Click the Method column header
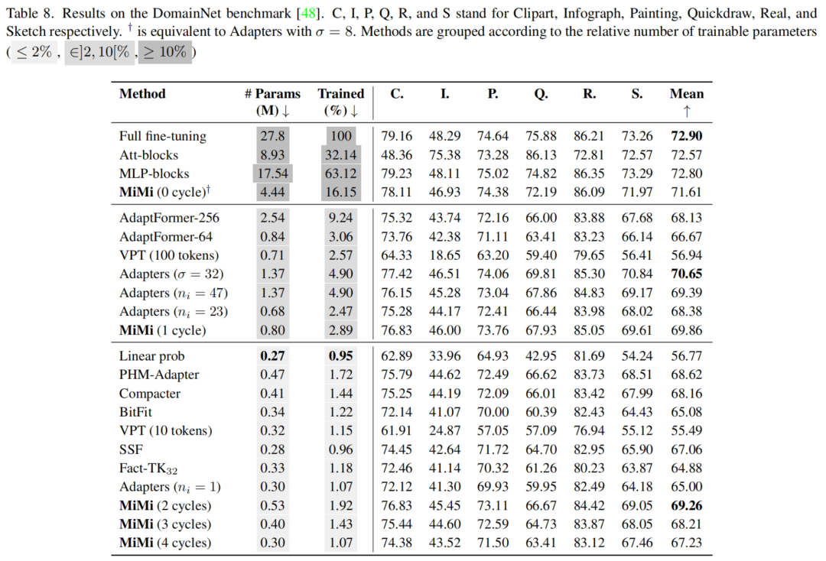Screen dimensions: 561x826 (142, 94)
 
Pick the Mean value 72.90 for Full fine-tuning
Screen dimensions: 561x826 (687, 136)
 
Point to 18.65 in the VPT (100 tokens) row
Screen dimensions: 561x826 (444, 255)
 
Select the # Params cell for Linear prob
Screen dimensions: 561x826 (272, 356)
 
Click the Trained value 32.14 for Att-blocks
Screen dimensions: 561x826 (341, 155)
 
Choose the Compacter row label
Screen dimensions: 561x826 (150, 394)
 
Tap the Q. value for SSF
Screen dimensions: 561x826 (541, 450)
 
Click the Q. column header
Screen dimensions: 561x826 (541, 94)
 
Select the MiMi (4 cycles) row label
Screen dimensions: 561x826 (165, 543)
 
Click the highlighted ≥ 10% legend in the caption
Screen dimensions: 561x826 (164, 53)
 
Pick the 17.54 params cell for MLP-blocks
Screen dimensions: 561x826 (272, 173)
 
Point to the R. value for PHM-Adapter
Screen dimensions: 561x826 (589, 375)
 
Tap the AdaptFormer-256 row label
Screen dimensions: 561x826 (169, 218)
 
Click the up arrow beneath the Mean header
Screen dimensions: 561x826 (687, 112)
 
